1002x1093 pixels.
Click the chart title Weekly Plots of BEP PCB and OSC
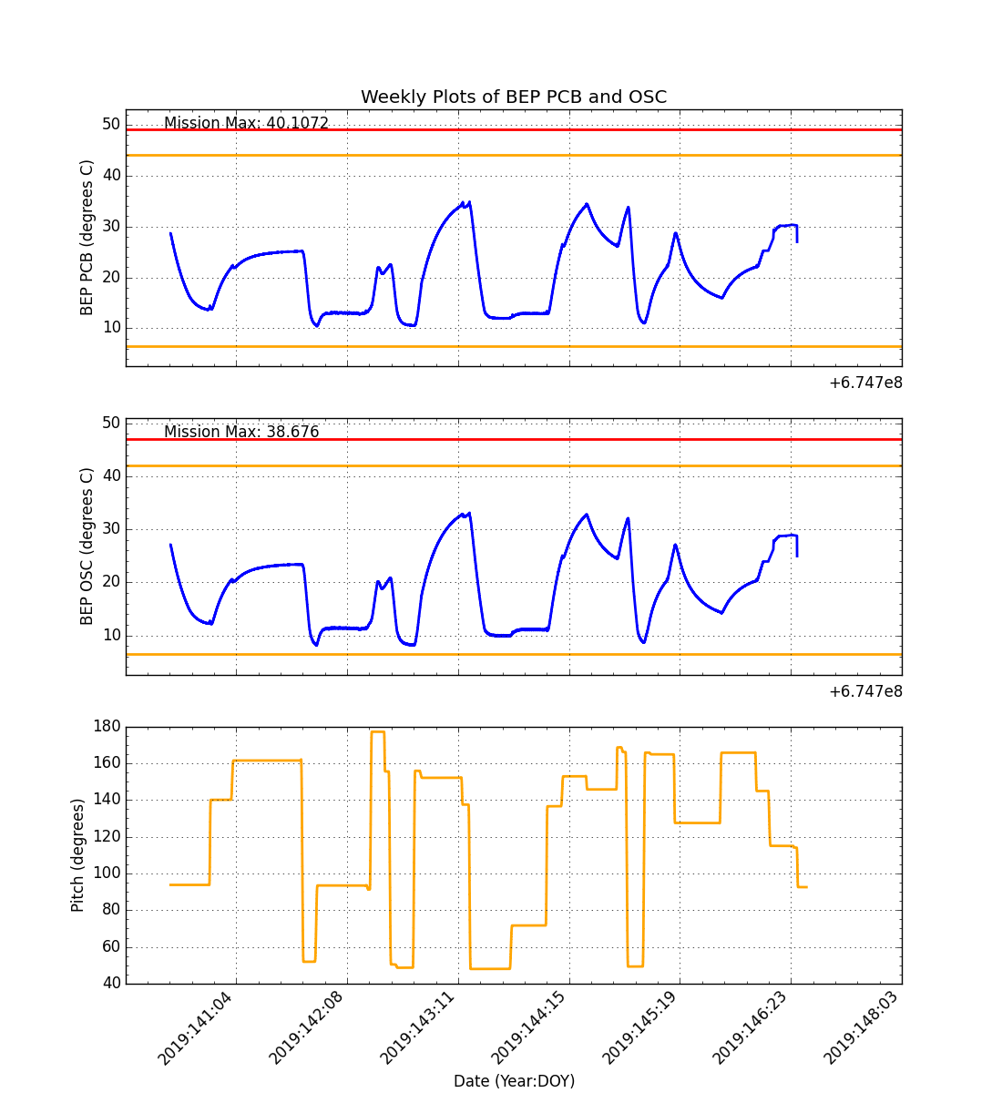(x=514, y=97)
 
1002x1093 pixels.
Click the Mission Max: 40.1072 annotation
(x=246, y=124)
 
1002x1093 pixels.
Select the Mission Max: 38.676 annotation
(x=241, y=432)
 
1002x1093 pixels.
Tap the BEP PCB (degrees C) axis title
(x=87, y=238)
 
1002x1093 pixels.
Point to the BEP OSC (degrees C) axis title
(x=87, y=546)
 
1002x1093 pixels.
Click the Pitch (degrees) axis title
(x=78, y=855)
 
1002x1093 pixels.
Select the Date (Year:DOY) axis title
(x=514, y=1081)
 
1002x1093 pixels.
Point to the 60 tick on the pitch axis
(x=110, y=947)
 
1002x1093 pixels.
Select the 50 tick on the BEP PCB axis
(x=110, y=124)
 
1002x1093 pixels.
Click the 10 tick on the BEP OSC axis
(x=110, y=636)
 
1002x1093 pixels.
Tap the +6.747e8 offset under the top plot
(x=865, y=383)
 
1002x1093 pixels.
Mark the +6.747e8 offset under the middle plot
(x=865, y=691)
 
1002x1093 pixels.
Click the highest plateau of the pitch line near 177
(x=377, y=731)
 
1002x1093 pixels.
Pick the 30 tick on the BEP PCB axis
(x=110, y=226)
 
